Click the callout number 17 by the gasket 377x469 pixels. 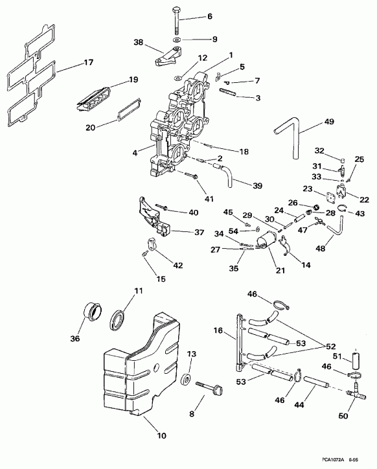pyautogui.click(x=89, y=63)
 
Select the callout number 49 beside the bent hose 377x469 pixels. pyautogui.click(x=329, y=122)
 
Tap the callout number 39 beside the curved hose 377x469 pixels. pyautogui.click(x=257, y=186)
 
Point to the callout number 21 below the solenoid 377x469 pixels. pyautogui.click(x=279, y=269)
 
